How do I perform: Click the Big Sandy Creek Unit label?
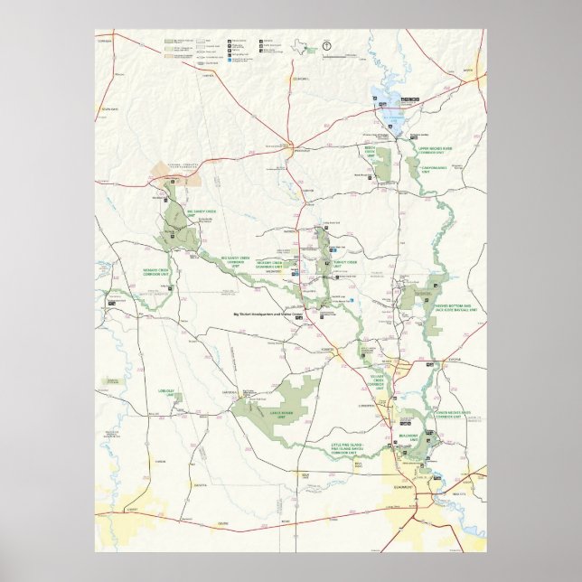pos(202,212)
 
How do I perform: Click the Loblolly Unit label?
pos(165,391)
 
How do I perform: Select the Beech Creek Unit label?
pos(370,145)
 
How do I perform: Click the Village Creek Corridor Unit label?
pos(379,379)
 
